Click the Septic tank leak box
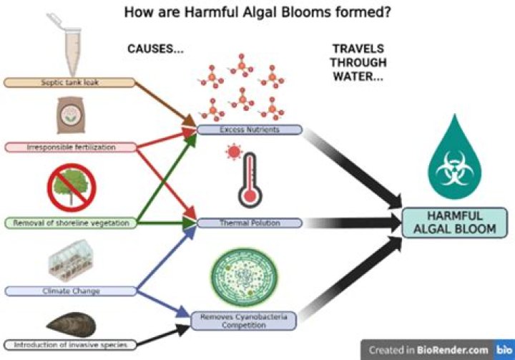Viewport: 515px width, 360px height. (x=69, y=82)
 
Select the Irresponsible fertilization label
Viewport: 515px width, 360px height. (x=69, y=147)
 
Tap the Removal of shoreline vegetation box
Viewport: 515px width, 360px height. (x=69, y=223)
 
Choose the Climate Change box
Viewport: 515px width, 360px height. (x=69, y=291)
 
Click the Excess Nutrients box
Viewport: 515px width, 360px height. (x=249, y=130)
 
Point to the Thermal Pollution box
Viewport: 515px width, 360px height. (x=249, y=223)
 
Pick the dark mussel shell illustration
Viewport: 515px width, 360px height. (x=70, y=324)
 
